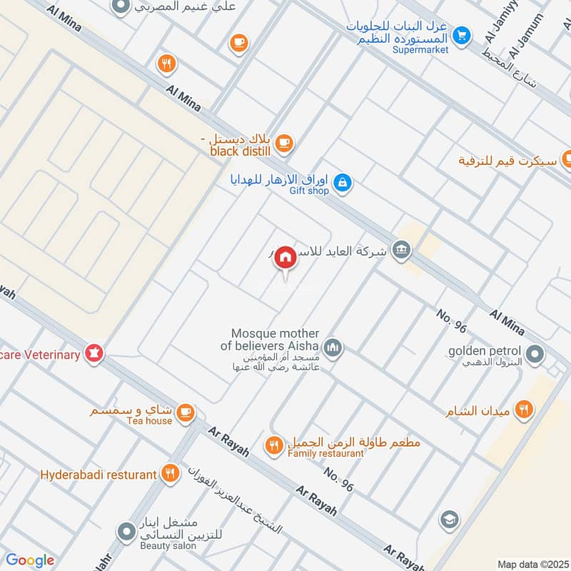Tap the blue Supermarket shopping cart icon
click(x=463, y=34)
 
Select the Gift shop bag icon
click(x=343, y=183)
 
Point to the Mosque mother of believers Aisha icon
click(x=333, y=348)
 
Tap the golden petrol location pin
click(x=533, y=353)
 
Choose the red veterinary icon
click(x=94, y=353)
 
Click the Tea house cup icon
click(x=185, y=413)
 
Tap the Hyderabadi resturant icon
click(x=170, y=473)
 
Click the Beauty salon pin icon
click(x=126, y=532)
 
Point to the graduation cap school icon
click(x=449, y=519)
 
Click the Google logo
click(x=30, y=560)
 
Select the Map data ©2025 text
click(x=531, y=564)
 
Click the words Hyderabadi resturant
click(x=98, y=475)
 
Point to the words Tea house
click(x=151, y=420)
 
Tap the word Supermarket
click(x=420, y=50)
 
